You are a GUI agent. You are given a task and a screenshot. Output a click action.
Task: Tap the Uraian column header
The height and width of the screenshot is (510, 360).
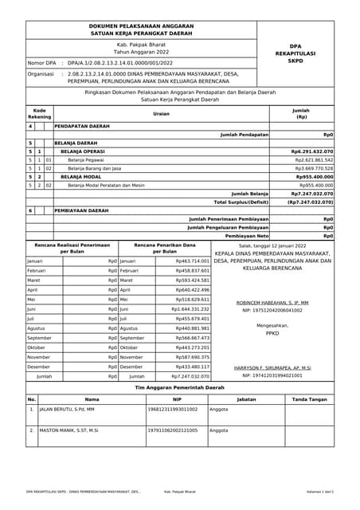162,113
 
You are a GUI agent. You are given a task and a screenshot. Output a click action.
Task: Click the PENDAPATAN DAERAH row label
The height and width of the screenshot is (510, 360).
82,126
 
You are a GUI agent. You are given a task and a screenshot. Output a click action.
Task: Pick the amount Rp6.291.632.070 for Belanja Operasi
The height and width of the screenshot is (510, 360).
312,151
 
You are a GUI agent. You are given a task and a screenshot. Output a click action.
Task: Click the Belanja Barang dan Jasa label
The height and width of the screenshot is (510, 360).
95,168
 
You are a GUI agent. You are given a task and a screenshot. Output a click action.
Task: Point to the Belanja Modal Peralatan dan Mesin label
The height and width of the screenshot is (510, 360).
106,185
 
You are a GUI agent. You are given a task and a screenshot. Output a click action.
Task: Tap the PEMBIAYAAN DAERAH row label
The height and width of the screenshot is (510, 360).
81,210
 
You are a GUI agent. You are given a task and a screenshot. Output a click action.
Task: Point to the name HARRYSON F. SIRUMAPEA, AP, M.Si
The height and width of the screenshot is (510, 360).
272,367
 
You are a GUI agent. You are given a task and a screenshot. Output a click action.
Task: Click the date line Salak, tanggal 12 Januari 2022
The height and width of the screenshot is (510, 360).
272,246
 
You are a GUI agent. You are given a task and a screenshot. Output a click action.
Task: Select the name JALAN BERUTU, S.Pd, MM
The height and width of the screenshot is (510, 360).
67,409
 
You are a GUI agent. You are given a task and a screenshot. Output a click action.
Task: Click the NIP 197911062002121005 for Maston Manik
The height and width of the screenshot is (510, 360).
173,430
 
